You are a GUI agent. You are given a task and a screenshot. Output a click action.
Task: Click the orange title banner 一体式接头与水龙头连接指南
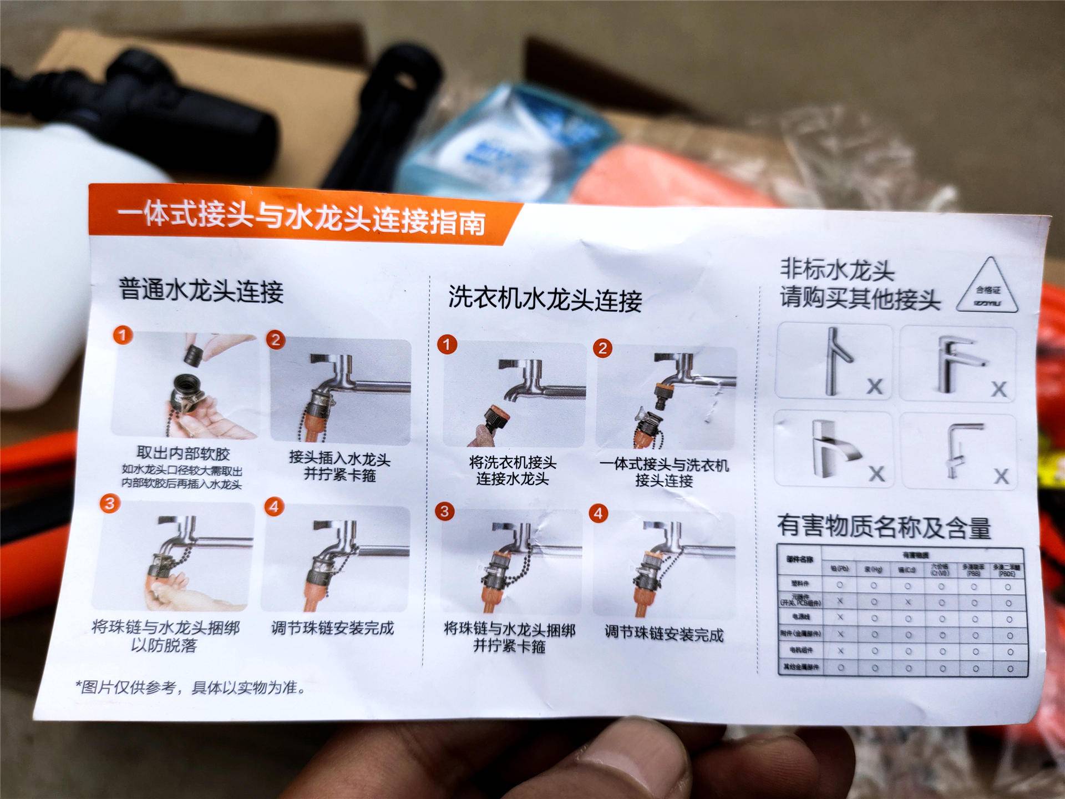[x=302, y=217]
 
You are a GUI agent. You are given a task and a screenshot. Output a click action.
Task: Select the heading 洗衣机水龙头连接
[x=545, y=299]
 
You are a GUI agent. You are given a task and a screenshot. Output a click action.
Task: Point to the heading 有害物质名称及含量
[x=884, y=527]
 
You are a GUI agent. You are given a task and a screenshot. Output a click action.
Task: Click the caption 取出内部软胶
[x=183, y=454]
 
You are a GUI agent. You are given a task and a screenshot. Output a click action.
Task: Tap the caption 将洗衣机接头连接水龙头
[x=513, y=471]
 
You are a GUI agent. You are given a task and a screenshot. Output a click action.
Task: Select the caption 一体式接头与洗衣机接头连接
[x=664, y=472]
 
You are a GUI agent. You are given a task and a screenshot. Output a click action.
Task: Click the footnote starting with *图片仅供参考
[x=191, y=688]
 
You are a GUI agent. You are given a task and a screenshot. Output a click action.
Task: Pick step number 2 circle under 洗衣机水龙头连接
[x=602, y=348]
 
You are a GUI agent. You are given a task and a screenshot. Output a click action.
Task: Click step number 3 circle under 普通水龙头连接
[x=110, y=503]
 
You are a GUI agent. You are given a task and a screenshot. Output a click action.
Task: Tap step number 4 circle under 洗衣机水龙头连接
[x=598, y=513]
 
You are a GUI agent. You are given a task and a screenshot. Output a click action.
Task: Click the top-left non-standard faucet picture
[x=834, y=361]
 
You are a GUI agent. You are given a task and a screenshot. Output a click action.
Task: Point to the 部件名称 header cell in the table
[x=799, y=559]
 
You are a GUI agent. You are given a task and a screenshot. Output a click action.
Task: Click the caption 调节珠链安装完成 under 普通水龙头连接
[x=332, y=628]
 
